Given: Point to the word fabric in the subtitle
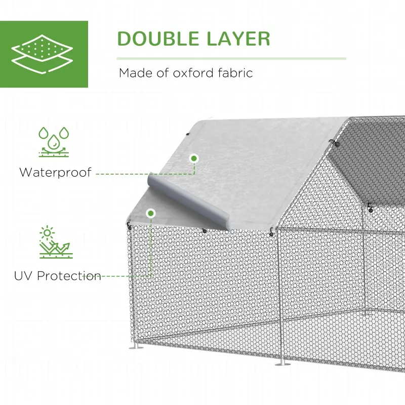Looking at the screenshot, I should click(x=233, y=73).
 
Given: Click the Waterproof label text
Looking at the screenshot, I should click(x=55, y=172).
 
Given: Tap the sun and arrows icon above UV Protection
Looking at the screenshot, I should click(x=54, y=242).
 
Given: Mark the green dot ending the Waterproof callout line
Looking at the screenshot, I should click(x=193, y=158).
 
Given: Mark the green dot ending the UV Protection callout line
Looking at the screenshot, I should click(x=150, y=214).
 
